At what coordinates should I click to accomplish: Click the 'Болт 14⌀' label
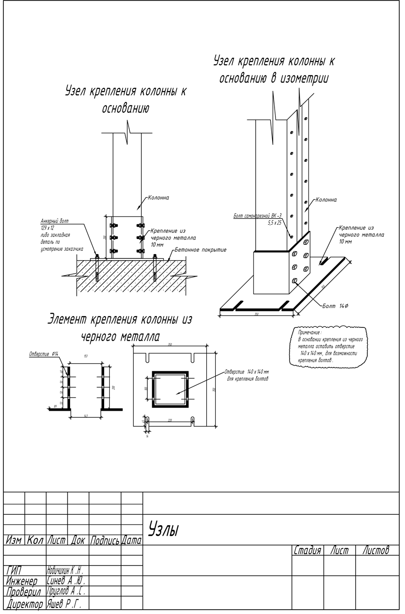(x=335, y=306)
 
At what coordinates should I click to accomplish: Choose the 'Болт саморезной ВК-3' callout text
(x=258, y=216)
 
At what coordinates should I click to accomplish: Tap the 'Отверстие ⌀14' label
(x=44, y=354)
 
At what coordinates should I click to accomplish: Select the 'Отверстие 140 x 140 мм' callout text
(x=247, y=372)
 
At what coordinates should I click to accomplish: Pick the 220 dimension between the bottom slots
(x=170, y=420)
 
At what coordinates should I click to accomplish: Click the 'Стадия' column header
(x=308, y=550)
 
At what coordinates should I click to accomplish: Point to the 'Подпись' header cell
(x=105, y=541)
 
